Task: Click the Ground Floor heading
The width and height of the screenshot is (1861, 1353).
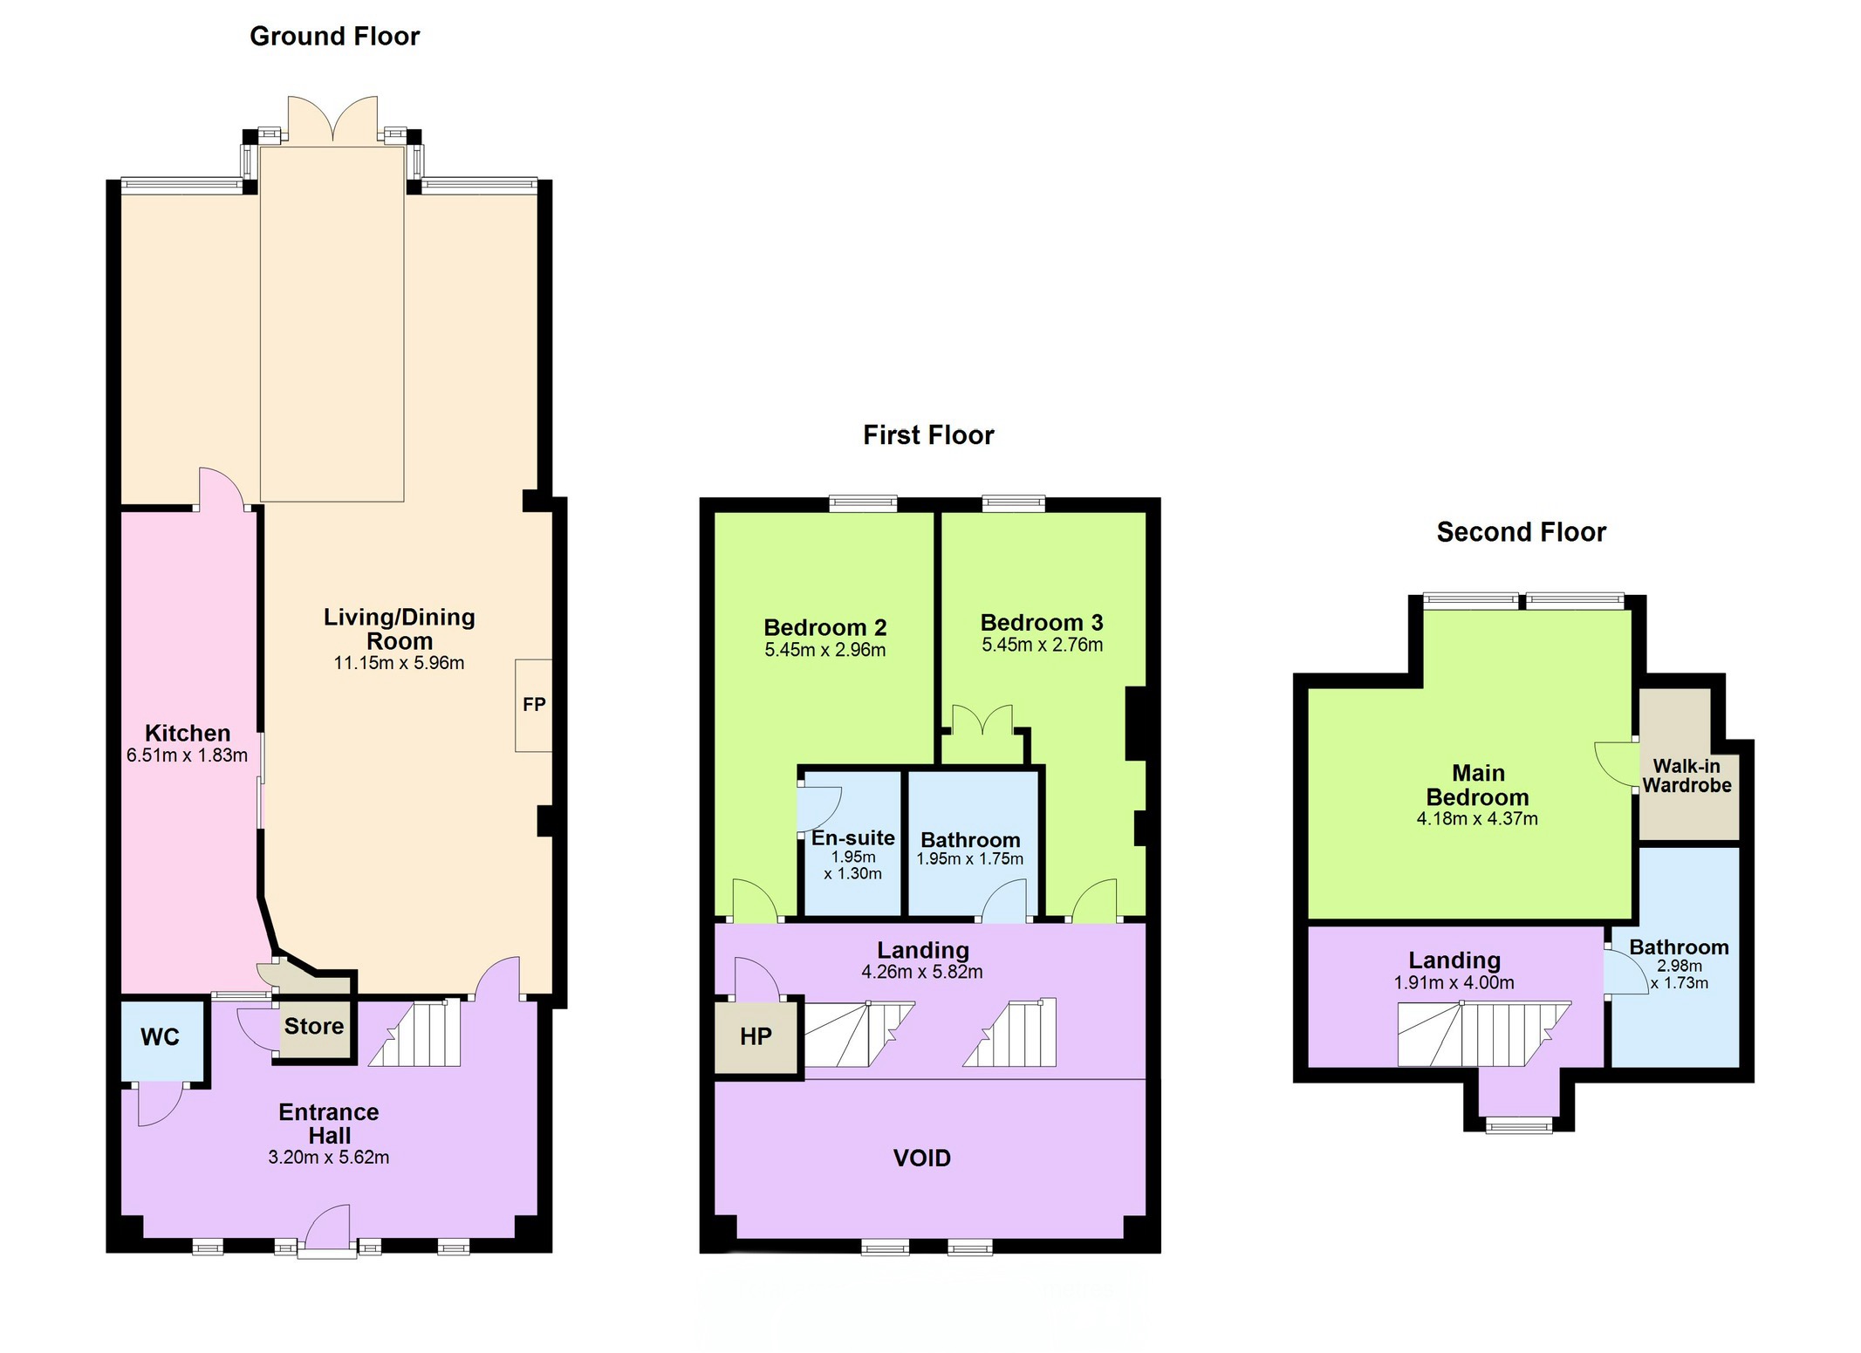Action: (335, 36)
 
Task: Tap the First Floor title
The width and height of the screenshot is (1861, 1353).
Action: (928, 434)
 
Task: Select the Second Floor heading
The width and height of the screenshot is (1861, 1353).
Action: (1521, 532)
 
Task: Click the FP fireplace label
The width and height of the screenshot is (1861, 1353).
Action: (534, 704)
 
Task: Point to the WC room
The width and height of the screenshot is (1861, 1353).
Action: (160, 1037)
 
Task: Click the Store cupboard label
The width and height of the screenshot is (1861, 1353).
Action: (314, 1026)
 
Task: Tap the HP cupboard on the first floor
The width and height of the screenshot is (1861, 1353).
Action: (756, 1036)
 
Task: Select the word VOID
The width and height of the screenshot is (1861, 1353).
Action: (921, 1158)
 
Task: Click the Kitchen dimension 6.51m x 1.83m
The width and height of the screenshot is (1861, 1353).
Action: (187, 755)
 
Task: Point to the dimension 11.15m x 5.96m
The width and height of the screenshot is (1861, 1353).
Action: (399, 663)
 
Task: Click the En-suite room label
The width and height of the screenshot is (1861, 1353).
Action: (852, 838)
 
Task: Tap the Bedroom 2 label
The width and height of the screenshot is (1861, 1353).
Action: (825, 627)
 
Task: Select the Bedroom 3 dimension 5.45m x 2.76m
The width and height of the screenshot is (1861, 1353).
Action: (1043, 646)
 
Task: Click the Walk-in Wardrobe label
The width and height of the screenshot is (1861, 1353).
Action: (1687, 776)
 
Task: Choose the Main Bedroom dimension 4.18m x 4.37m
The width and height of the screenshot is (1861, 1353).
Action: (1477, 819)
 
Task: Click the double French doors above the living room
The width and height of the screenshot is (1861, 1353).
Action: (333, 118)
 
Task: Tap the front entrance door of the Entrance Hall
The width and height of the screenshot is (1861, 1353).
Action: (327, 1230)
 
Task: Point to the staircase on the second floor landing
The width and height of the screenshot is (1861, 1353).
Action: (1484, 1034)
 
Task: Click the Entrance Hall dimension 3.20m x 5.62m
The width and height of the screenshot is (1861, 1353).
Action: (329, 1158)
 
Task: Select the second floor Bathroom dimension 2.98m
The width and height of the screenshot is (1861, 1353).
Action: (1680, 966)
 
